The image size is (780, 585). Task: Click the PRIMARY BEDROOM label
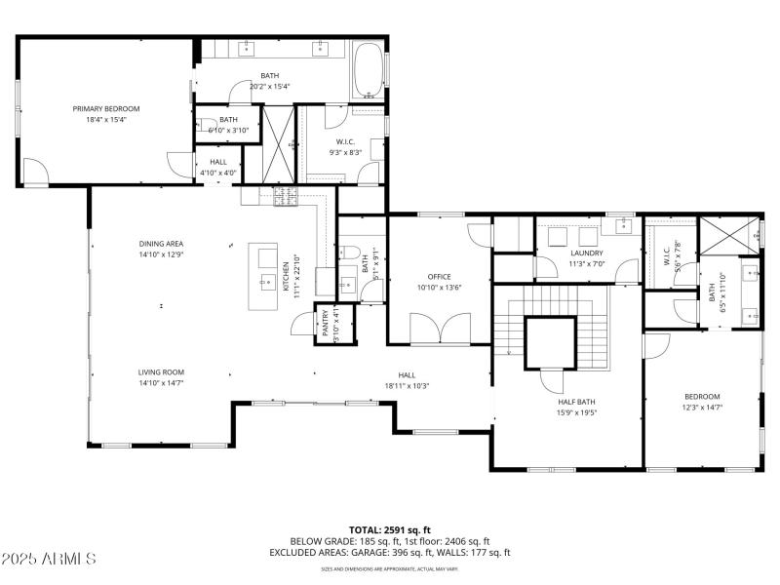point(106,108)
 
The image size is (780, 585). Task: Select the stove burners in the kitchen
point(286,198)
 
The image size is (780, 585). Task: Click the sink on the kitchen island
point(265,283)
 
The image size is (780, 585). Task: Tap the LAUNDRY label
point(588,253)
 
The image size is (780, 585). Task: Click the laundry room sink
point(623,226)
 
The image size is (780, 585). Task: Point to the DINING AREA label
point(161,244)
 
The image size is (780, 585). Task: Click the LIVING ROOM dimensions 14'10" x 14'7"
point(161,383)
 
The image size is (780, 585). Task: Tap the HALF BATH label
point(576,401)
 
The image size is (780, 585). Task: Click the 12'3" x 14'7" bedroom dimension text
point(702,407)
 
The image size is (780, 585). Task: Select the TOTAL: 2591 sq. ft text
point(390,529)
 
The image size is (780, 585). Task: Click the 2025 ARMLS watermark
point(49,559)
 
